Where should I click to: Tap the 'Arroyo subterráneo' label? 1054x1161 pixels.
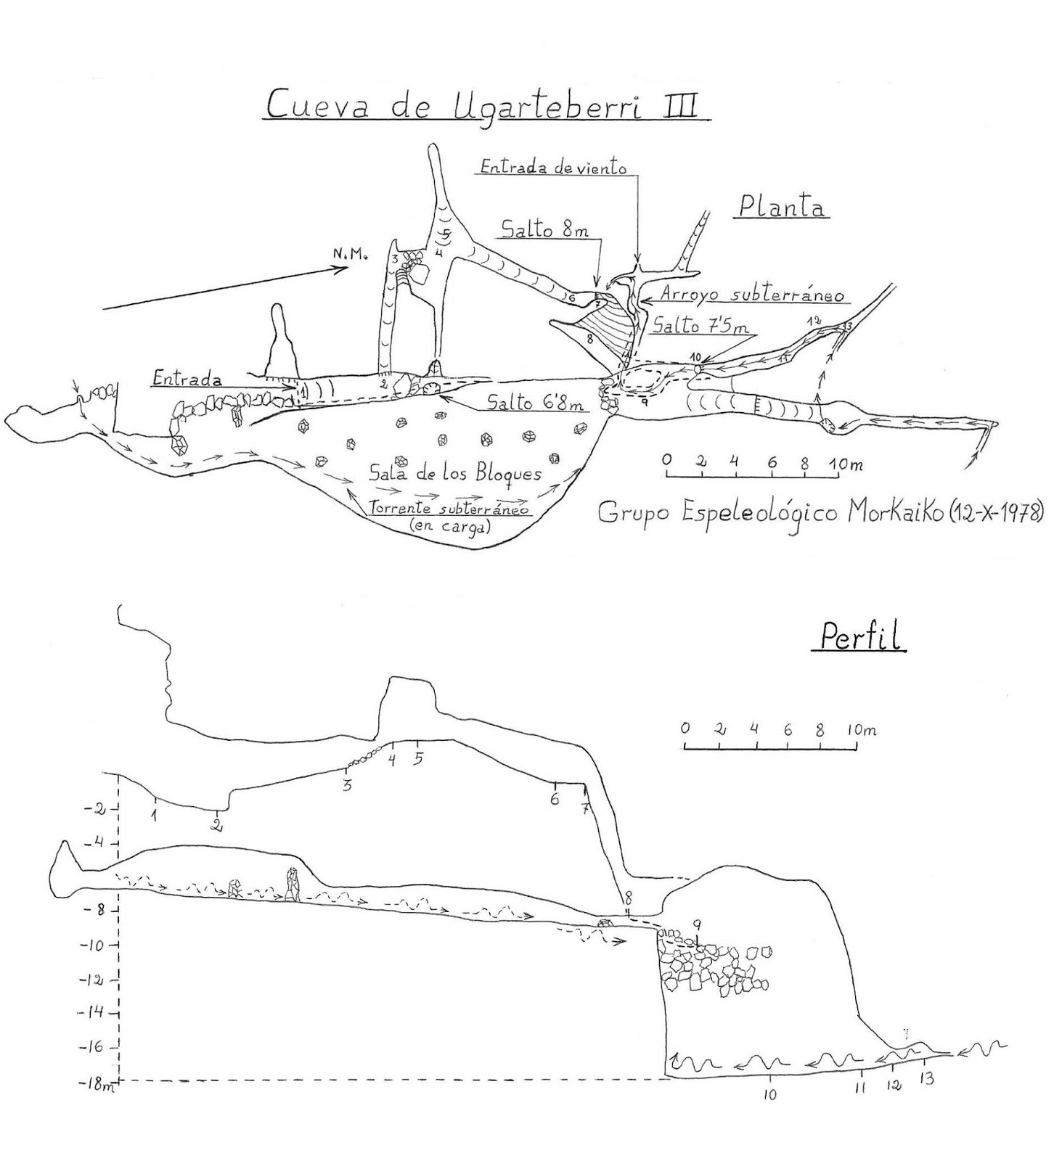pos(752,295)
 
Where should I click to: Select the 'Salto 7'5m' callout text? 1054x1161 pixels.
pos(700,327)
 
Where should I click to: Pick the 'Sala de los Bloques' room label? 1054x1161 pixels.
pos(455,475)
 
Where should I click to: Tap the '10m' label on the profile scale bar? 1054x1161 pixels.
pos(862,729)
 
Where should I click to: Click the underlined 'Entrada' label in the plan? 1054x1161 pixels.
pos(187,379)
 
